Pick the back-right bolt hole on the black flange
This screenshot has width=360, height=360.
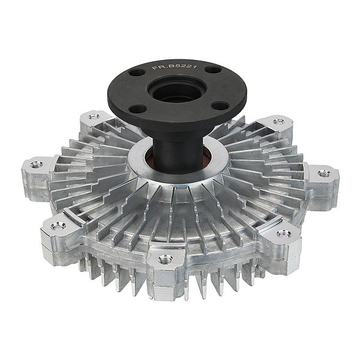click(x=213, y=70)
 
